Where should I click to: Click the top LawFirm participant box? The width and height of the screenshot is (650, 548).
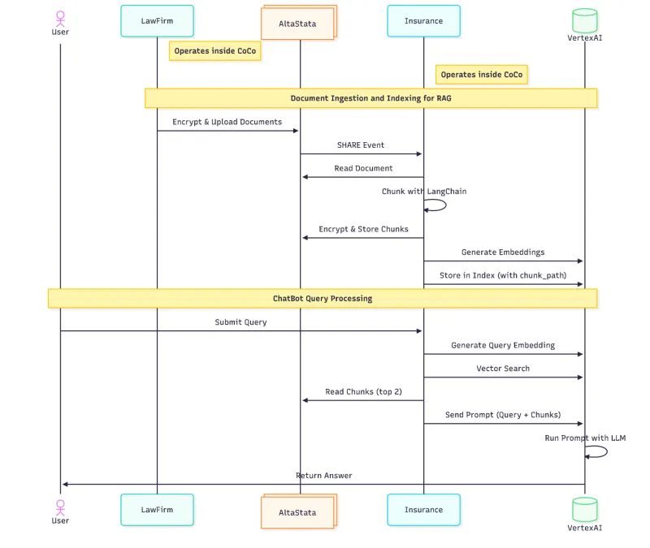[157, 21]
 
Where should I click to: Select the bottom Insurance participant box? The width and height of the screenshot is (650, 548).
[423, 510]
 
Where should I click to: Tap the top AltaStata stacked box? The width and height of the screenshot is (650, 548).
[297, 24]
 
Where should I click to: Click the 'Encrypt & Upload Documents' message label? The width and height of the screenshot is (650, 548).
[227, 122]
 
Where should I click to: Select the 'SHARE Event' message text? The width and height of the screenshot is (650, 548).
[361, 145]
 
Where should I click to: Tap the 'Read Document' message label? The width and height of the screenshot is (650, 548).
[363, 169]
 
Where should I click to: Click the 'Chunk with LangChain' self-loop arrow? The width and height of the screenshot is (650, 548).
[436, 205]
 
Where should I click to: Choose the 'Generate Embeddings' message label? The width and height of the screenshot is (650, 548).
[503, 252]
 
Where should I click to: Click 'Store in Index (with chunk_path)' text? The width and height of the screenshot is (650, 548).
[503, 275]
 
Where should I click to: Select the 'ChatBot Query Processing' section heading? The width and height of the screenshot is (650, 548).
[323, 299]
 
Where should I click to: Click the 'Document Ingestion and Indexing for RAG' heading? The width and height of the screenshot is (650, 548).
[370, 98]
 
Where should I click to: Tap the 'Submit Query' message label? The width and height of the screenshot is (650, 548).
[240, 322]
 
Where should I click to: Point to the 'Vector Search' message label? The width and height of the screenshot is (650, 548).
[503, 369]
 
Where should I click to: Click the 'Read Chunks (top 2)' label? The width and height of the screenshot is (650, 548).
[363, 392]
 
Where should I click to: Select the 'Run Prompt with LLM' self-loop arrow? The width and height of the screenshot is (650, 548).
[597, 451]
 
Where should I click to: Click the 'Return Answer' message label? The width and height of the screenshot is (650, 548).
[324, 476]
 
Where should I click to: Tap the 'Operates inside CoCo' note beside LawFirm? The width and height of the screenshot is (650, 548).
[214, 51]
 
